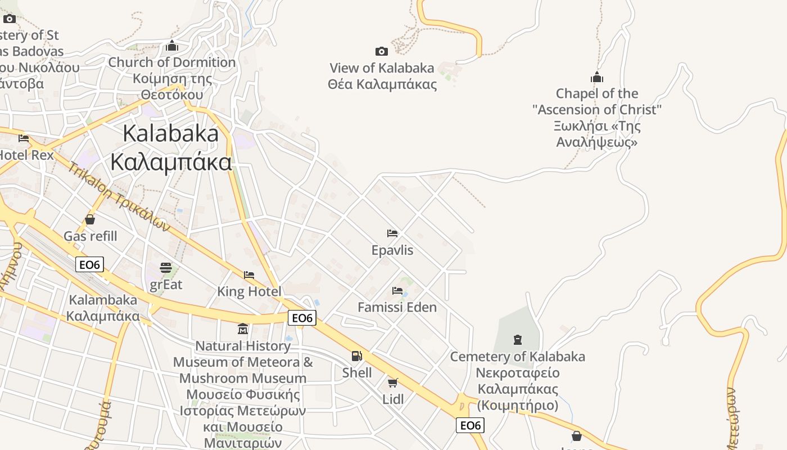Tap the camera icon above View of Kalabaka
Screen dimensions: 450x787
[x=381, y=52]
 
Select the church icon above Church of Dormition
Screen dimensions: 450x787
[x=172, y=46]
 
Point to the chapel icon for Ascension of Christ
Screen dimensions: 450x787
[x=596, y=77]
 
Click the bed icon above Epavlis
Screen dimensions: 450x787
[x=392, y=233]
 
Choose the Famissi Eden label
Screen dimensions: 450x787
[x=397, y=307]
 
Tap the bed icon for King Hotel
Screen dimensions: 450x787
[x=249, y=275]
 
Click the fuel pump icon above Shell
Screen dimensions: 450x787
[x=356, y=356]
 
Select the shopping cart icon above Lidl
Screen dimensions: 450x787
[x=392, y=383]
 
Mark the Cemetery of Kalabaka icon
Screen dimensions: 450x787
[x=517, y=340]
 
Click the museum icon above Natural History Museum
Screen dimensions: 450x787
[x=243, y=328]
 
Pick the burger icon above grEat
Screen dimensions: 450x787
[x=166, y=267]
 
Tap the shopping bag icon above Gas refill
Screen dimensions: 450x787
[x=90, y=219]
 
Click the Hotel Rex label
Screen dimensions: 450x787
[x=26, y=155]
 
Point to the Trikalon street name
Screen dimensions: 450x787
[x=119, y=197]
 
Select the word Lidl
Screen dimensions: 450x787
[x=393, y=399]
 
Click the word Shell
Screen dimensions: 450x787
[x=357, y=372]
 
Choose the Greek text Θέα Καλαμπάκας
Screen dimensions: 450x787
[x=382, y=84]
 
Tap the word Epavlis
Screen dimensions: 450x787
[x=392, y=250]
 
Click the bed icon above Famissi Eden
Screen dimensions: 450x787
[x=397, y=291]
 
